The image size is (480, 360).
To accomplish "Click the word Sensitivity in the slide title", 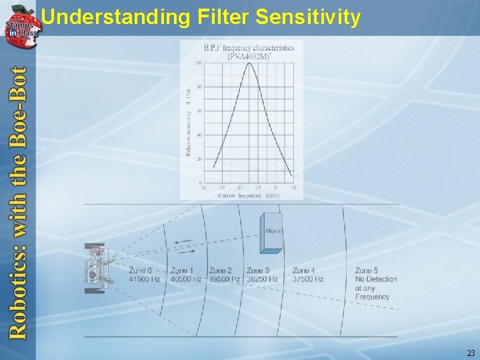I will tap(308, 17).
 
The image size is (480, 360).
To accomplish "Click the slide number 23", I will tap(471, 353).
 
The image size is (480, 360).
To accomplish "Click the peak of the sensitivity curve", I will tap(250, 64).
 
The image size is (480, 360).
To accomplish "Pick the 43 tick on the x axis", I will tap(293, 188).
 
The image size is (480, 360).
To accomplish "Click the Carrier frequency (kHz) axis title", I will tap(248, 196).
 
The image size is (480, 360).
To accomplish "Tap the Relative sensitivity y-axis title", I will tap(189, 123).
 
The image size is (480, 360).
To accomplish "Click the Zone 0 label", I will tap(140, 271).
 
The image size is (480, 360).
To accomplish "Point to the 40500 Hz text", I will tap(186, 279).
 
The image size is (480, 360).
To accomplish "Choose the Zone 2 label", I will tap(221, 271).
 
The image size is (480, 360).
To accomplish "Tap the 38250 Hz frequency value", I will tap(262, 279).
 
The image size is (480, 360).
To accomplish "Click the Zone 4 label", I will tap(304, 271).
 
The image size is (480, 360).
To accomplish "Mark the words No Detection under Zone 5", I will tap(376, 279).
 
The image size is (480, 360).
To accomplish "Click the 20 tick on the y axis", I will tap(199, 159).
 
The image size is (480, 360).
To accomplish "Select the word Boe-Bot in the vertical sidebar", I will tap(18, 107).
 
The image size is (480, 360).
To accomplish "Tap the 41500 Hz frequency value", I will tap(145, 279).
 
